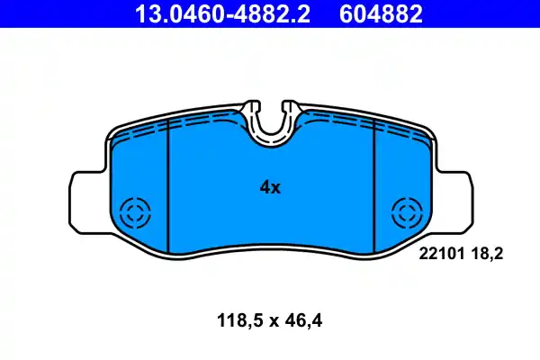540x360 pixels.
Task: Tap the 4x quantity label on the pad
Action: pos(270,187)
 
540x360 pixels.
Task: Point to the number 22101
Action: pos(439,255)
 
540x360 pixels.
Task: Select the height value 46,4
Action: pos(304,319)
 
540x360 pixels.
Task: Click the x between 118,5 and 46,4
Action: pos(269,319)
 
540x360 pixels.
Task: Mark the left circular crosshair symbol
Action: pos(138,214)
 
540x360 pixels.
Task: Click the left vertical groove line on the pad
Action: pos(170,189)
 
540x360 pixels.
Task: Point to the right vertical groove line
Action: pos(373,189)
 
